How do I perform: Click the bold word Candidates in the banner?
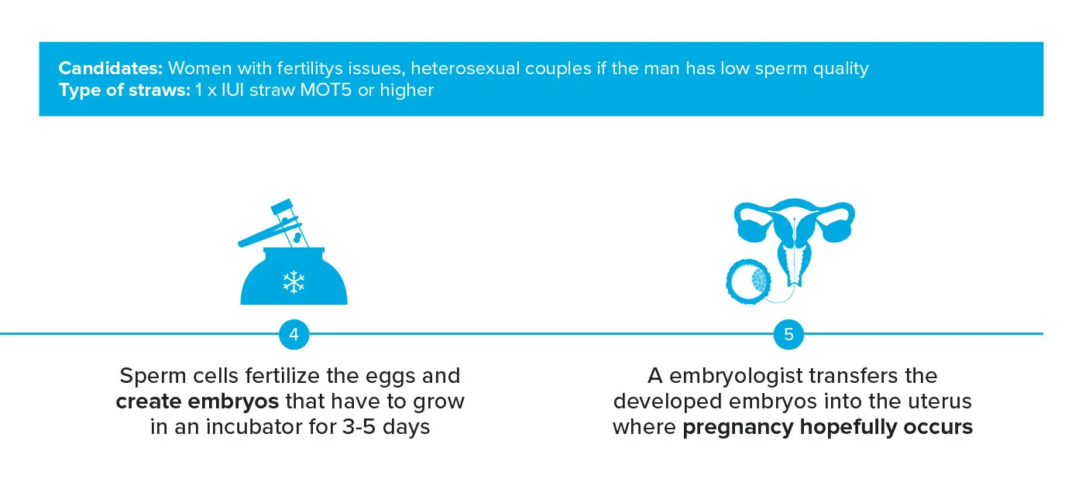point(110,68)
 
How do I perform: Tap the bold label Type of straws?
point(123,90)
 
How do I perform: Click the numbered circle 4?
point(294,335)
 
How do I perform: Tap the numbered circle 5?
point(788,335)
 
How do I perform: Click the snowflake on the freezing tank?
point(294,282)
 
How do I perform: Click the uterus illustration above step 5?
point(795,232)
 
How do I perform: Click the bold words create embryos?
point(198,401)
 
